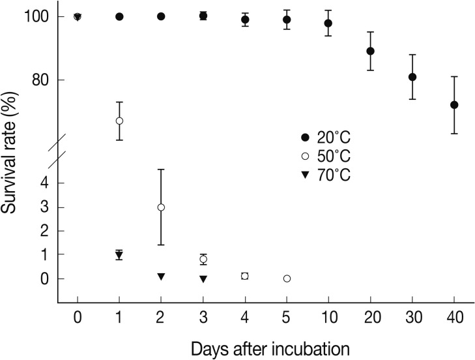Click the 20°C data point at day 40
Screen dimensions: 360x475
click(454, 104)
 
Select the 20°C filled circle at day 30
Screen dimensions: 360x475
click(412, 77)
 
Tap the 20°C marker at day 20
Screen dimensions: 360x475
click(371, 51)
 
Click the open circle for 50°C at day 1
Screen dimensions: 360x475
click(119, 121)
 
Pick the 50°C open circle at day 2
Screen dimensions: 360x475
click(161, 207)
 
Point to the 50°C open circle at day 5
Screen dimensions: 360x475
click(287, 278)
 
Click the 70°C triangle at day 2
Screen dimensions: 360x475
click(161, 277)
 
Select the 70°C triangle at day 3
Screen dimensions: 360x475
click(203, 279)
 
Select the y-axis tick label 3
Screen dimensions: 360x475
click(44, 207)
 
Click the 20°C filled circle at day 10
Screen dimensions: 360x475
click(328, 23)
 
